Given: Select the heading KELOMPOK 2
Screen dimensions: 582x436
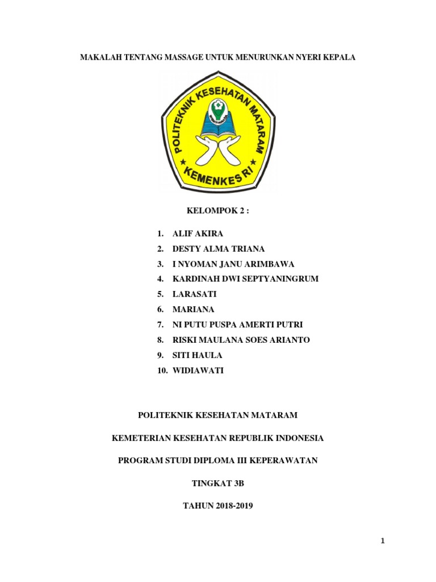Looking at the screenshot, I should click(x=218, y=211).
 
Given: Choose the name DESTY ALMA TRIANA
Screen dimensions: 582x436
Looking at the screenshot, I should click(x=219, y=249).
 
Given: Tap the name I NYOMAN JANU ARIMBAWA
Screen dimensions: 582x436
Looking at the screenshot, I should click(x=233, y=264).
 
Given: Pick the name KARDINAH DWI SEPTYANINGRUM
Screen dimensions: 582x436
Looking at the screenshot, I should click(x=245, y=279).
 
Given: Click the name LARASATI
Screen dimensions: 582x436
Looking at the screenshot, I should click(x=195, y=294).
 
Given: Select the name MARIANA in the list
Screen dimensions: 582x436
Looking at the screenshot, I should click(x=195, y=309).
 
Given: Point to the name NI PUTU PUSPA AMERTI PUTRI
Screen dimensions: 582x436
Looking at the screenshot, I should click(x=237, y=325).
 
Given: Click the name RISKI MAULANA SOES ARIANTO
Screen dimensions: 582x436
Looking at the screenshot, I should click(x=241, y=340).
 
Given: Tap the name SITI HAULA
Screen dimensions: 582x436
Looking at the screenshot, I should click(x=197, y=355).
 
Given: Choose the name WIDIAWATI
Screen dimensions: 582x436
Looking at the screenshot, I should click(x=198, y=370).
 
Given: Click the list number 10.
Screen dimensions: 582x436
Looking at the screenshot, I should click(x=162, y=370).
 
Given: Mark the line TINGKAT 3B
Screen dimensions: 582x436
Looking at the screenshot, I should click(x=217, y=483).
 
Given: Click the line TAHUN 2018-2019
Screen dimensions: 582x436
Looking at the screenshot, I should click(x=217, y=505).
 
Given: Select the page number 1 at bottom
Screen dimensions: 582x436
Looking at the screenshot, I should click(x=383, y=541).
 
